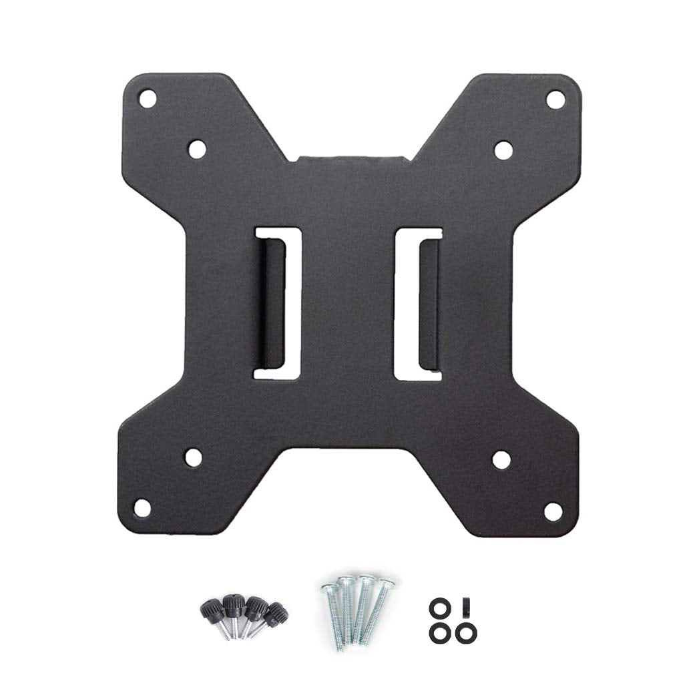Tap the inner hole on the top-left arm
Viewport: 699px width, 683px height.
point(196,149)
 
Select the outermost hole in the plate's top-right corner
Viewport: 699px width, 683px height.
point(554,99)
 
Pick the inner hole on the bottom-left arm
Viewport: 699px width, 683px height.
point(194,457)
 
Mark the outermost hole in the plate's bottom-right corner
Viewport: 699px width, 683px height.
point(552,511)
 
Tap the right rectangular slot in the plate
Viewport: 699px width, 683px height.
point(419,303)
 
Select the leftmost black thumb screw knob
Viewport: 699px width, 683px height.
point(212,609)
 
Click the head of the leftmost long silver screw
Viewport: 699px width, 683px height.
point(328,588)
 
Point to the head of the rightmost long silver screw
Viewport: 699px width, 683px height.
point(385,584)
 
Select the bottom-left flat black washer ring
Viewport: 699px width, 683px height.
point(439,630)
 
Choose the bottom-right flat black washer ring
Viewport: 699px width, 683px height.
point(467,630)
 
